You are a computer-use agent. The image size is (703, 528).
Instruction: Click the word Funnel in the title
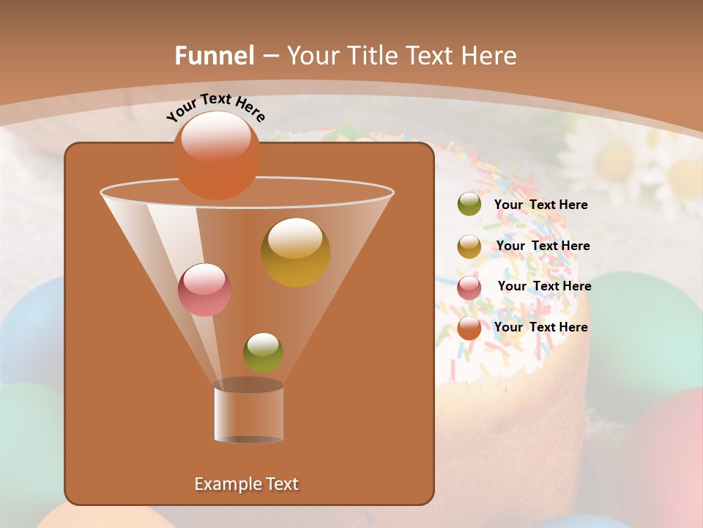click(215, 56)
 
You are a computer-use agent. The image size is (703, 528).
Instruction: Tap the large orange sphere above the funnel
click(217, 155)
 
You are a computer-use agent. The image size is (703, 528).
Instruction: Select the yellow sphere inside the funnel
click(295, 252)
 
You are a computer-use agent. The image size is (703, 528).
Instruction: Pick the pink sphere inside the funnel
click(204, 290)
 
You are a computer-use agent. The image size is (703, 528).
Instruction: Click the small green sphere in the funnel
click(263, 352)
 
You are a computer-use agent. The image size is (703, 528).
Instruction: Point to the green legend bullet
click(469, 205)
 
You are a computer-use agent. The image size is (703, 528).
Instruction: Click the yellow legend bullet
click(469, 246)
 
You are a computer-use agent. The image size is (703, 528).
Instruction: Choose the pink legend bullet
click(469, 287)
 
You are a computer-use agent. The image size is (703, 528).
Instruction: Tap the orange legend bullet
click(469, 328)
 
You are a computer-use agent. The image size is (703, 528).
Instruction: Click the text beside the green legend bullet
click(540, 205)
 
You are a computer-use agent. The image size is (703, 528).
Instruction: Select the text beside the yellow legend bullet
click(543, 246)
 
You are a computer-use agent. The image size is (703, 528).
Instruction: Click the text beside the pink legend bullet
click(544, 287)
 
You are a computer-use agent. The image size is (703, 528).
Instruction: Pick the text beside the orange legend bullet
click(540, 327)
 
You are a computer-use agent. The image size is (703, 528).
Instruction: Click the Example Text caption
click(246, 484)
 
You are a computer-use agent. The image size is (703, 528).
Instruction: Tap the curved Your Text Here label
click(215, 107)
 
